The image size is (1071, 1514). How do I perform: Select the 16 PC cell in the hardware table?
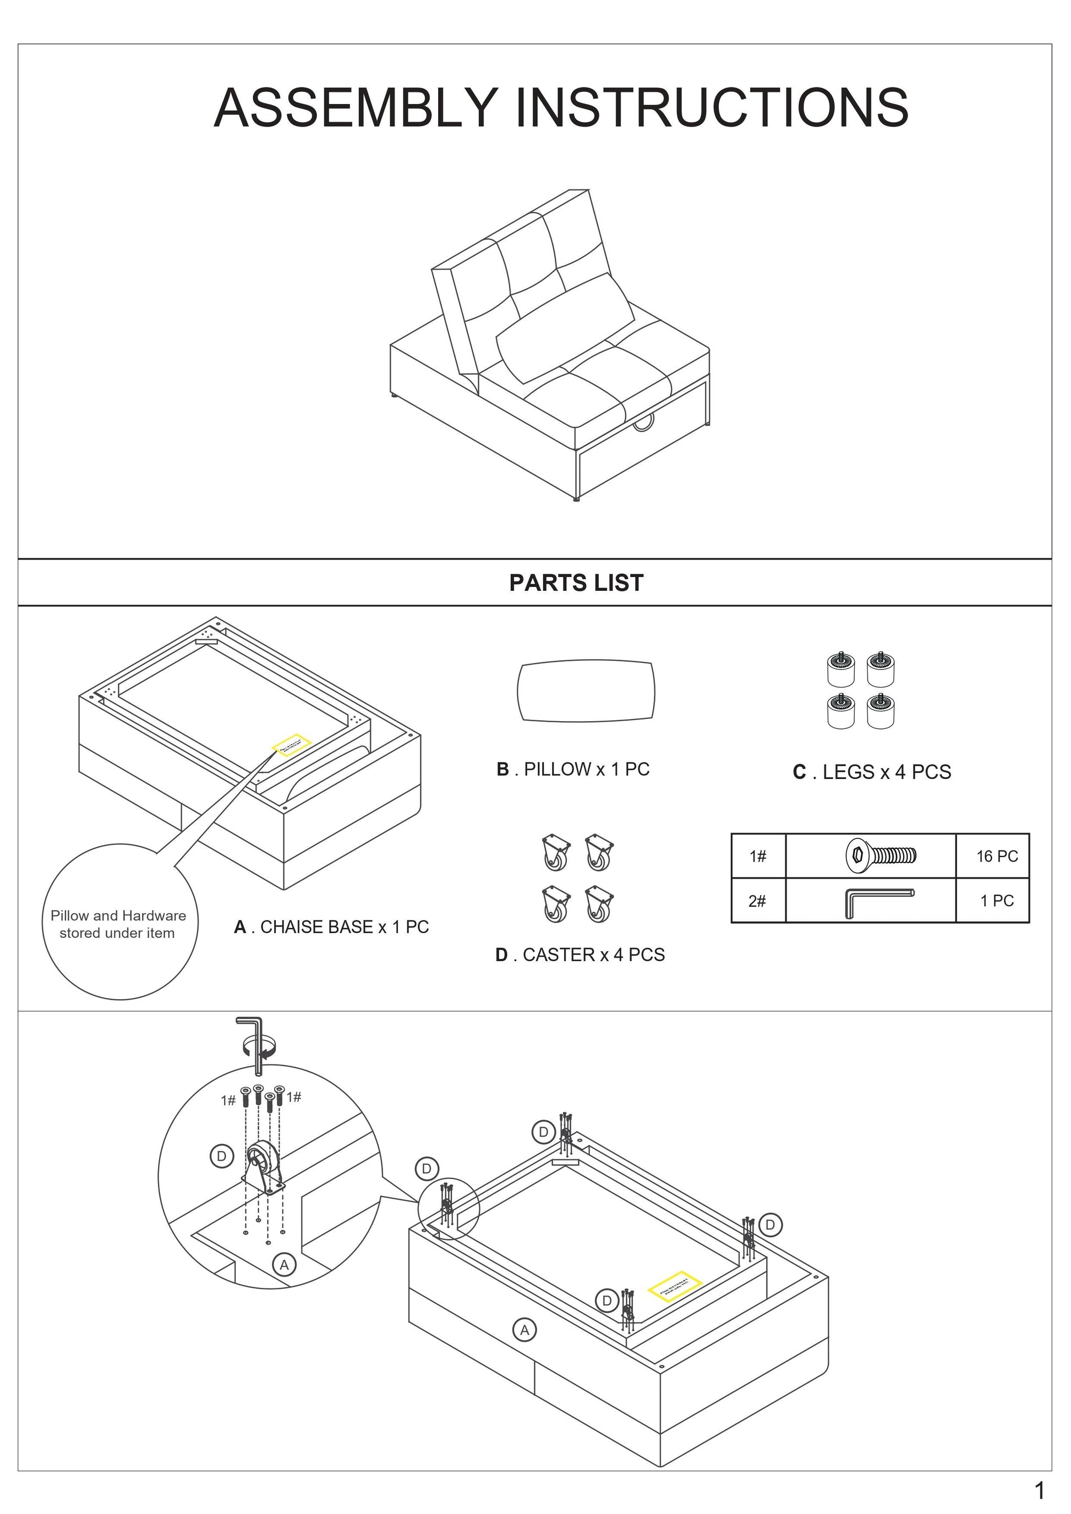point(997,856)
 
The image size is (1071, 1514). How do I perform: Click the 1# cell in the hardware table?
point(758,856)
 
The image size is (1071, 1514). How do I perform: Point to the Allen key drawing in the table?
point(877,901)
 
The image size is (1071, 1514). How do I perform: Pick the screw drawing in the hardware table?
point(881,856)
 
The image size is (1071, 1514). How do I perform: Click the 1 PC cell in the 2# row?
point(997,901)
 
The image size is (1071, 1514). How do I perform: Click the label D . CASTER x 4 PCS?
point(580,955)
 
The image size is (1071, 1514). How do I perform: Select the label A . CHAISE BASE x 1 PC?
point(331,927)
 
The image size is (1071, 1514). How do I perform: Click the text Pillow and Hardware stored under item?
point(118,924)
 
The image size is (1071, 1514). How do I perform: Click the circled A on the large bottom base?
point(524,1330)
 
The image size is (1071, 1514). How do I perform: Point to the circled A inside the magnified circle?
point(284,1265)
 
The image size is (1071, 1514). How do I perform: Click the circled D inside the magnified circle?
point(222,1155)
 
